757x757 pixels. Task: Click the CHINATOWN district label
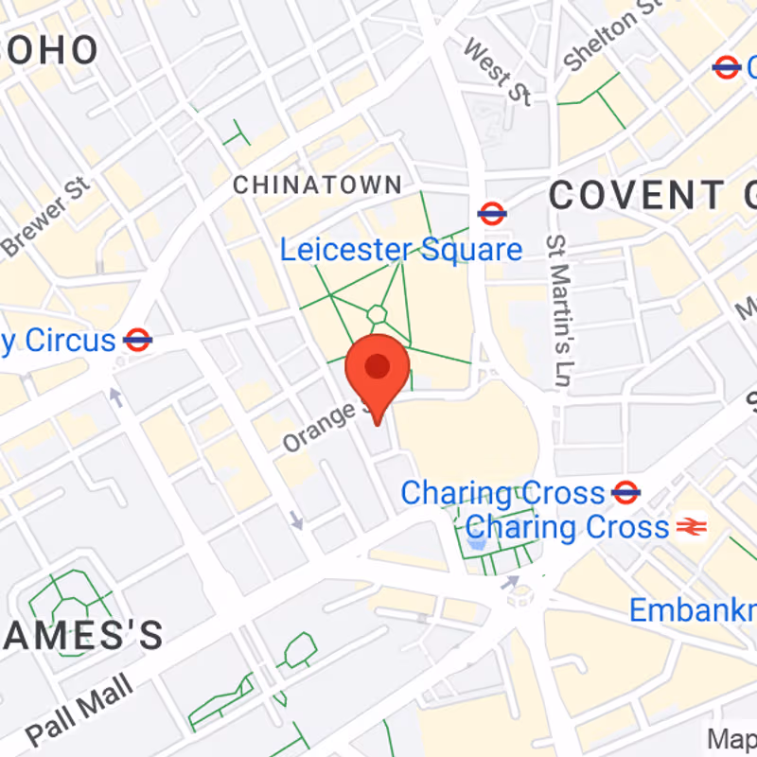(317, 185)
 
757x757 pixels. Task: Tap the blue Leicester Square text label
(400, 251)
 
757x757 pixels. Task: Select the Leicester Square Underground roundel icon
(491, 213)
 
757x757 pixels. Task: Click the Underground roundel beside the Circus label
(138, 340)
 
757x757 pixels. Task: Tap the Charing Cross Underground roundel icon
(625, 492)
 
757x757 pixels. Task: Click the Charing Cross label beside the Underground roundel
(502, 493)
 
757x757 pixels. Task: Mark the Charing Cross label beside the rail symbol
(567, 527)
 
